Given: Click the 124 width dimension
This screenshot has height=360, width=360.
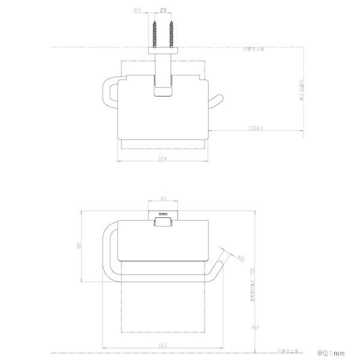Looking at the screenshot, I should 163,158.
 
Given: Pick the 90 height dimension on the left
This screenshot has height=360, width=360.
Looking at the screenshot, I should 78,246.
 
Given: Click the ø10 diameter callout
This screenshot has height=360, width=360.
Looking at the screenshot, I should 240,258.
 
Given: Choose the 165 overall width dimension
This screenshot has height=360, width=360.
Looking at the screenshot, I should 163,346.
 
